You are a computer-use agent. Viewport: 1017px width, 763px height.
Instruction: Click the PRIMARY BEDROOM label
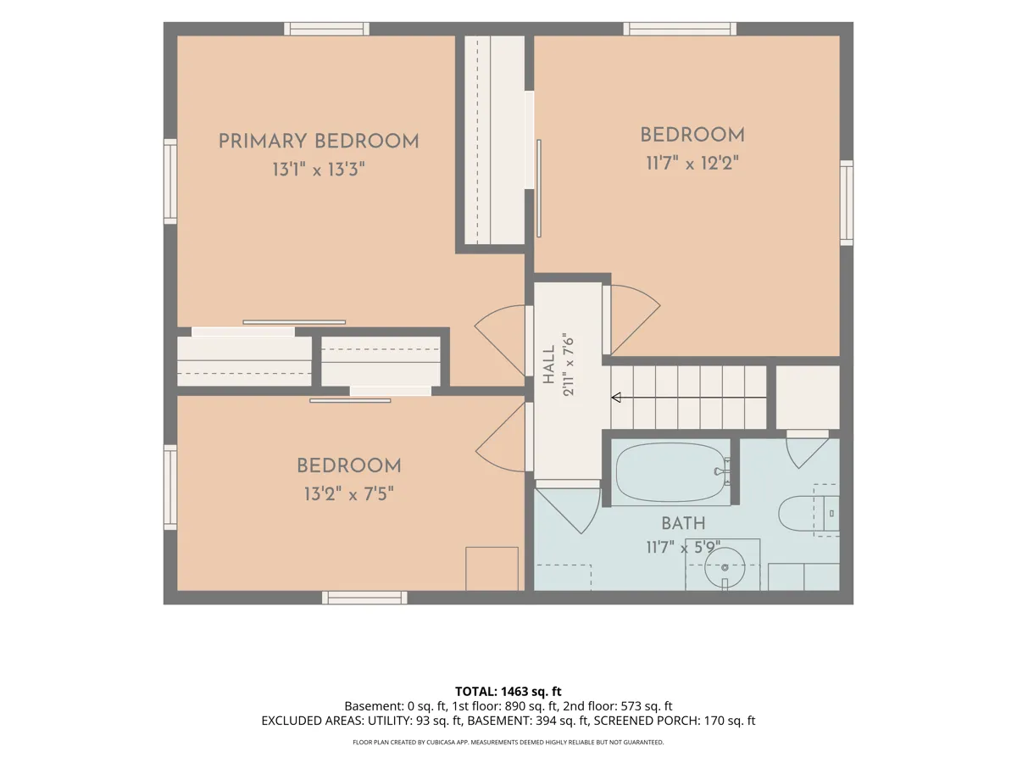(x=319, y=142)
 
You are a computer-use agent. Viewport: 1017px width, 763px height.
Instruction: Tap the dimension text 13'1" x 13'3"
(x=319, y=170)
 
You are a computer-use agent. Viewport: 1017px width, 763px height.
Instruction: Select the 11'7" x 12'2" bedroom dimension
(x=692, y=163)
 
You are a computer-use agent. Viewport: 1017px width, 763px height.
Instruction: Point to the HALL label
(x=549, y=365)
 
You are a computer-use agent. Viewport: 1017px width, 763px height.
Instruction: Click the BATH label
(x=683, y=523)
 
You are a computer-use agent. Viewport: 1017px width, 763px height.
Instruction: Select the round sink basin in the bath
(x=725, y=567)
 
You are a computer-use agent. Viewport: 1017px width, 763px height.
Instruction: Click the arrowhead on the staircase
(x=616, y=398)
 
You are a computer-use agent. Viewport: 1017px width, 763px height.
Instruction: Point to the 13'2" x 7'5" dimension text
(x=349, y=494)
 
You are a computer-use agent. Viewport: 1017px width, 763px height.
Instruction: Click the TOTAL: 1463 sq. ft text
(x=508, y=691)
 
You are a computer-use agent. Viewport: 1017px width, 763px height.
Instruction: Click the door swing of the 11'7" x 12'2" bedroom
(x=636, y=320)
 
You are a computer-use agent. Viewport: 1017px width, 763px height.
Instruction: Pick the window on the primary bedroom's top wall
(x=326, y=29)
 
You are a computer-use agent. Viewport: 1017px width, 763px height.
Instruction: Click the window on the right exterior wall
(x=847, y=203)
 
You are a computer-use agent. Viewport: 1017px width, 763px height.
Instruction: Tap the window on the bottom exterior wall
(x=364, y=598)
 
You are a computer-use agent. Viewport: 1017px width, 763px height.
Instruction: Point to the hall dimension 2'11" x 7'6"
(x=569, y=365)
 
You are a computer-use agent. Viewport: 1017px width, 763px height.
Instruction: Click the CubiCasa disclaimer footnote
(x=508, y=742)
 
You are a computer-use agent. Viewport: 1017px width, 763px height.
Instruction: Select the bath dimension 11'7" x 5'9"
(x=683, y=548)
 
